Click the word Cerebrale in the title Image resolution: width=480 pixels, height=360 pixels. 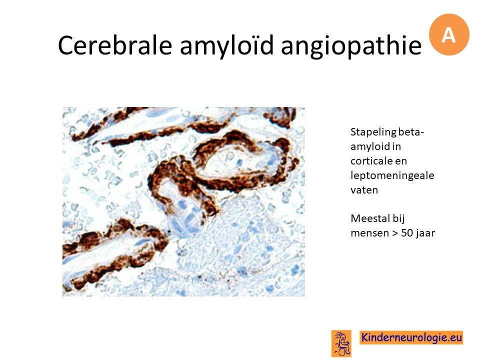coord(114,45)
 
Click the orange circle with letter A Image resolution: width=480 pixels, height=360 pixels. coord(449,34)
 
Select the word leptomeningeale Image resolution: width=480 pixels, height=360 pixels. coord(392,176)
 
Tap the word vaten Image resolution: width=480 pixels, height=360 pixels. coord(364,190)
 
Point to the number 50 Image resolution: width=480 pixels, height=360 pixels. coord(407,233)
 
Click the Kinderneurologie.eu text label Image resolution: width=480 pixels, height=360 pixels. coord(411,337)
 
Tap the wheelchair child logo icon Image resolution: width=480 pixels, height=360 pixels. coord(341,343)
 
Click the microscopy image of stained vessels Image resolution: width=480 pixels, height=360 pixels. coord(183,201)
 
